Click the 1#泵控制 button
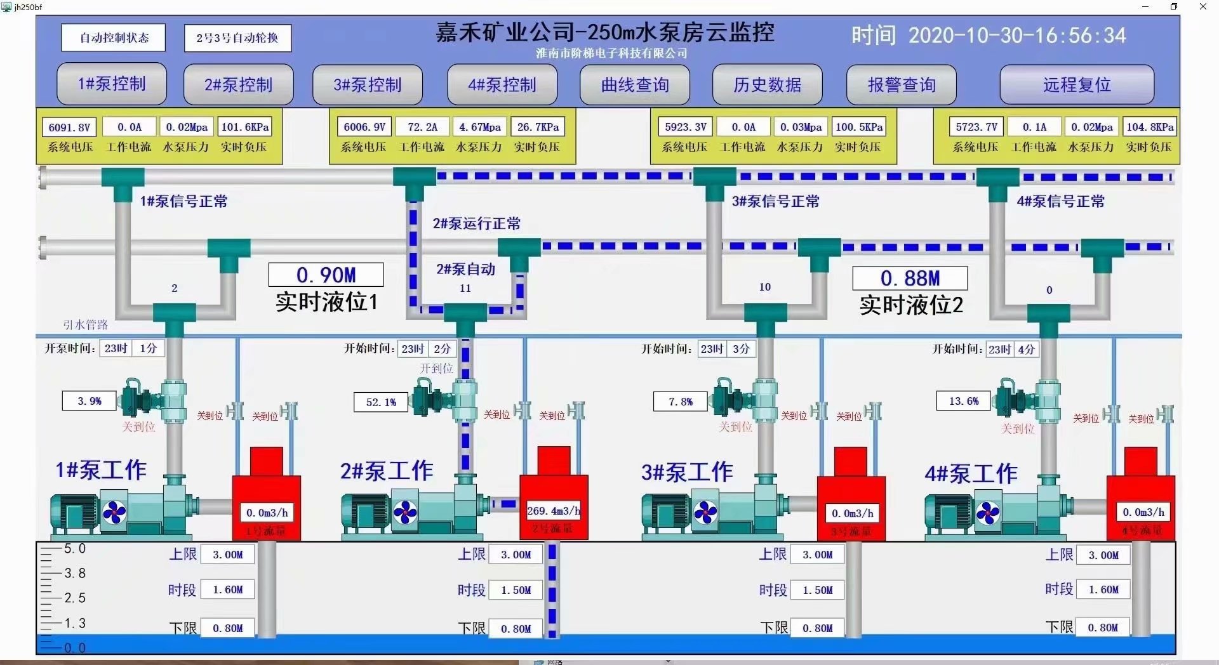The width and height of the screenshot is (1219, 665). [x=112, y=84]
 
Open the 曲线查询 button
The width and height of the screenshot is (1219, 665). [x=635, y=84]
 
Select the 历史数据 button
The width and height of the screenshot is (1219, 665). [x=767, y=84]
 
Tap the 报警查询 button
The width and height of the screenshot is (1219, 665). [x=901, y=84]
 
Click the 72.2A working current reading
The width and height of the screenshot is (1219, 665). [x=422, y=127]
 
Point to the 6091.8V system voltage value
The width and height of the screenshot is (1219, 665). [x=69, y=127]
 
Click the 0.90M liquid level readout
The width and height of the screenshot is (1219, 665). [x=326, y=275]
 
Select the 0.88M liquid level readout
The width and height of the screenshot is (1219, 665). [x=910, y=278]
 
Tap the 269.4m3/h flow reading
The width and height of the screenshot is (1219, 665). [x=553, y=511]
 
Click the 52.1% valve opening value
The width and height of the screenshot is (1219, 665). [x=381, y=402]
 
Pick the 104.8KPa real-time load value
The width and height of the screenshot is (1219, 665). [x=1150, y=127]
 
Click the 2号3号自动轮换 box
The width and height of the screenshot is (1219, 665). [x=237, y=38]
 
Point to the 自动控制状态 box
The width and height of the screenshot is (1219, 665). [x=114, y=37]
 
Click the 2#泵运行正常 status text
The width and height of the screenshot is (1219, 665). [x=476, y=223]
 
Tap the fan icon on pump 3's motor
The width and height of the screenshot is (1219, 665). [x=705, y=512]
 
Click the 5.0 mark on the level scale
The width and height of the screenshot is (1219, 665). [x=74, y=548]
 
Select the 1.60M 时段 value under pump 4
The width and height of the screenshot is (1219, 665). [x=1103, y=589]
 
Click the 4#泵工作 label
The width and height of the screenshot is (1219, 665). [x=971, y=473]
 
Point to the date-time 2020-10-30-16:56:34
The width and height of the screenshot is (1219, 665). [x=1016, y=36]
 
